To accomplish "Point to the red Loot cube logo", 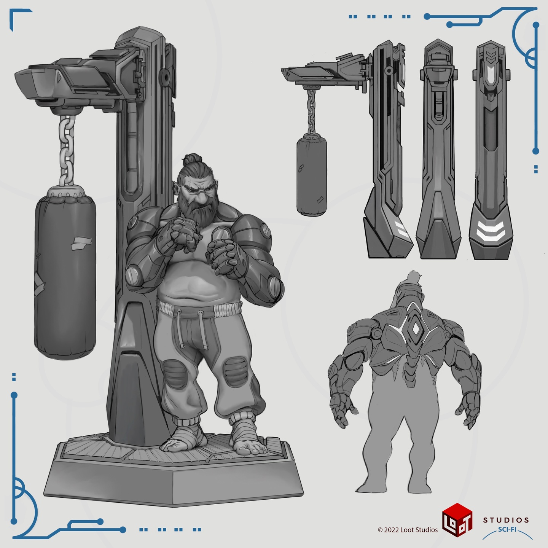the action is (x=457, y=520).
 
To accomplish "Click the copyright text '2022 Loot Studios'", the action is (x=411, y=530).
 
